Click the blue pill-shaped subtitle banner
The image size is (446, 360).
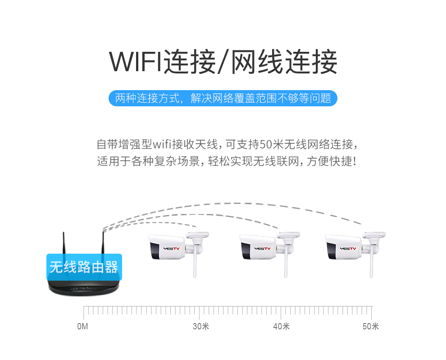223,98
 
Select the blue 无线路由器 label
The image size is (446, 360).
84,267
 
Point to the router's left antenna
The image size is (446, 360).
64,243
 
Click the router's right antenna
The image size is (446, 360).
103,243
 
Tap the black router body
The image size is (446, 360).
84,288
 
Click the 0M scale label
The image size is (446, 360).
82,326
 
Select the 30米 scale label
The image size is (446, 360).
201,326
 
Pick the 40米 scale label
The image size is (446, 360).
281,326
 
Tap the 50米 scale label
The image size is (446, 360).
371,326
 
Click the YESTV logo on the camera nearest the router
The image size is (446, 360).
172,249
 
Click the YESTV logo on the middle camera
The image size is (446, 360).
263,249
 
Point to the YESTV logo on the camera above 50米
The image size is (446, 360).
348,249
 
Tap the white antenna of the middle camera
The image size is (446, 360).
286,262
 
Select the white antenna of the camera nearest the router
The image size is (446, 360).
195,262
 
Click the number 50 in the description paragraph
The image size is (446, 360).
265,144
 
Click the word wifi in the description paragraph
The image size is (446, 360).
162,144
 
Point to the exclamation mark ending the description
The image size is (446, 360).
354,161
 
